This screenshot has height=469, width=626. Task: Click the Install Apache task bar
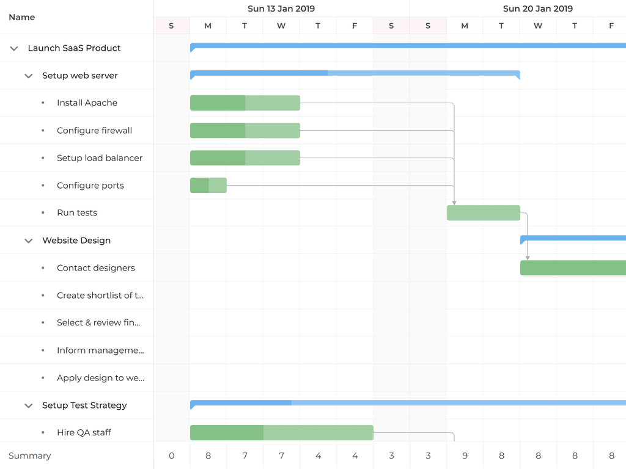245,103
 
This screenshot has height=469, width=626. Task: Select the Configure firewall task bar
245,131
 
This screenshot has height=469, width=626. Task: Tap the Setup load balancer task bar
245,158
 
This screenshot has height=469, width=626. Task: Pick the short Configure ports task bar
208,186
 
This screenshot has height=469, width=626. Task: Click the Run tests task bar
483,213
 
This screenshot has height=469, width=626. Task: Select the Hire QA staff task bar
281,433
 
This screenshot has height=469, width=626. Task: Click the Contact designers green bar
573,268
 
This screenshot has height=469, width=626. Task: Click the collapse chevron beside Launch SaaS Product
14,48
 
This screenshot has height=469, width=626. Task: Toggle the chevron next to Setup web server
28,76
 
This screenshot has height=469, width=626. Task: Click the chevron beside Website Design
28,241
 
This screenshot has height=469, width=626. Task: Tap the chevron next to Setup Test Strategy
28,405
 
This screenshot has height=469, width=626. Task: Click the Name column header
22,17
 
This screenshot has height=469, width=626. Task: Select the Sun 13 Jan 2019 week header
281,9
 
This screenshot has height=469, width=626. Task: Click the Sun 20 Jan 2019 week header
537,9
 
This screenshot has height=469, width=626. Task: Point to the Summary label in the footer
30,456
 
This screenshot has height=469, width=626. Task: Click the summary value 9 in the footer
465,456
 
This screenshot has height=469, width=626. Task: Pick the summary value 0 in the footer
171,456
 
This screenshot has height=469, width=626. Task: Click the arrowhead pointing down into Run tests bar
454,202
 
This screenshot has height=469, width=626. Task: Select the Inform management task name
100,351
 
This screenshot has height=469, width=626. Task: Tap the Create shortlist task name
100,296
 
